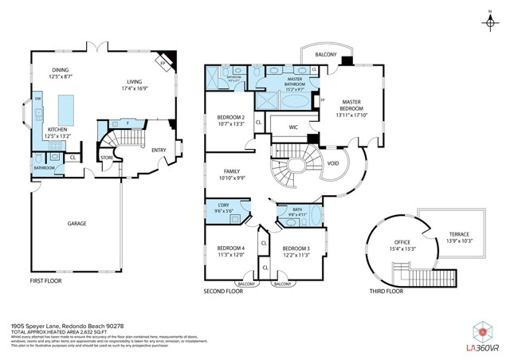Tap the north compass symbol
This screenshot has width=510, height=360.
coord(487,22)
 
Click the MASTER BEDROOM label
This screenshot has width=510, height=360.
coord(352,107)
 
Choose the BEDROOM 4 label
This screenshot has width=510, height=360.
coord(231,251)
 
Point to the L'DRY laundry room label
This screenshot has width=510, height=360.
coord(223,210)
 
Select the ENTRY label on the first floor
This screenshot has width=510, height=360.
coord(159,149)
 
